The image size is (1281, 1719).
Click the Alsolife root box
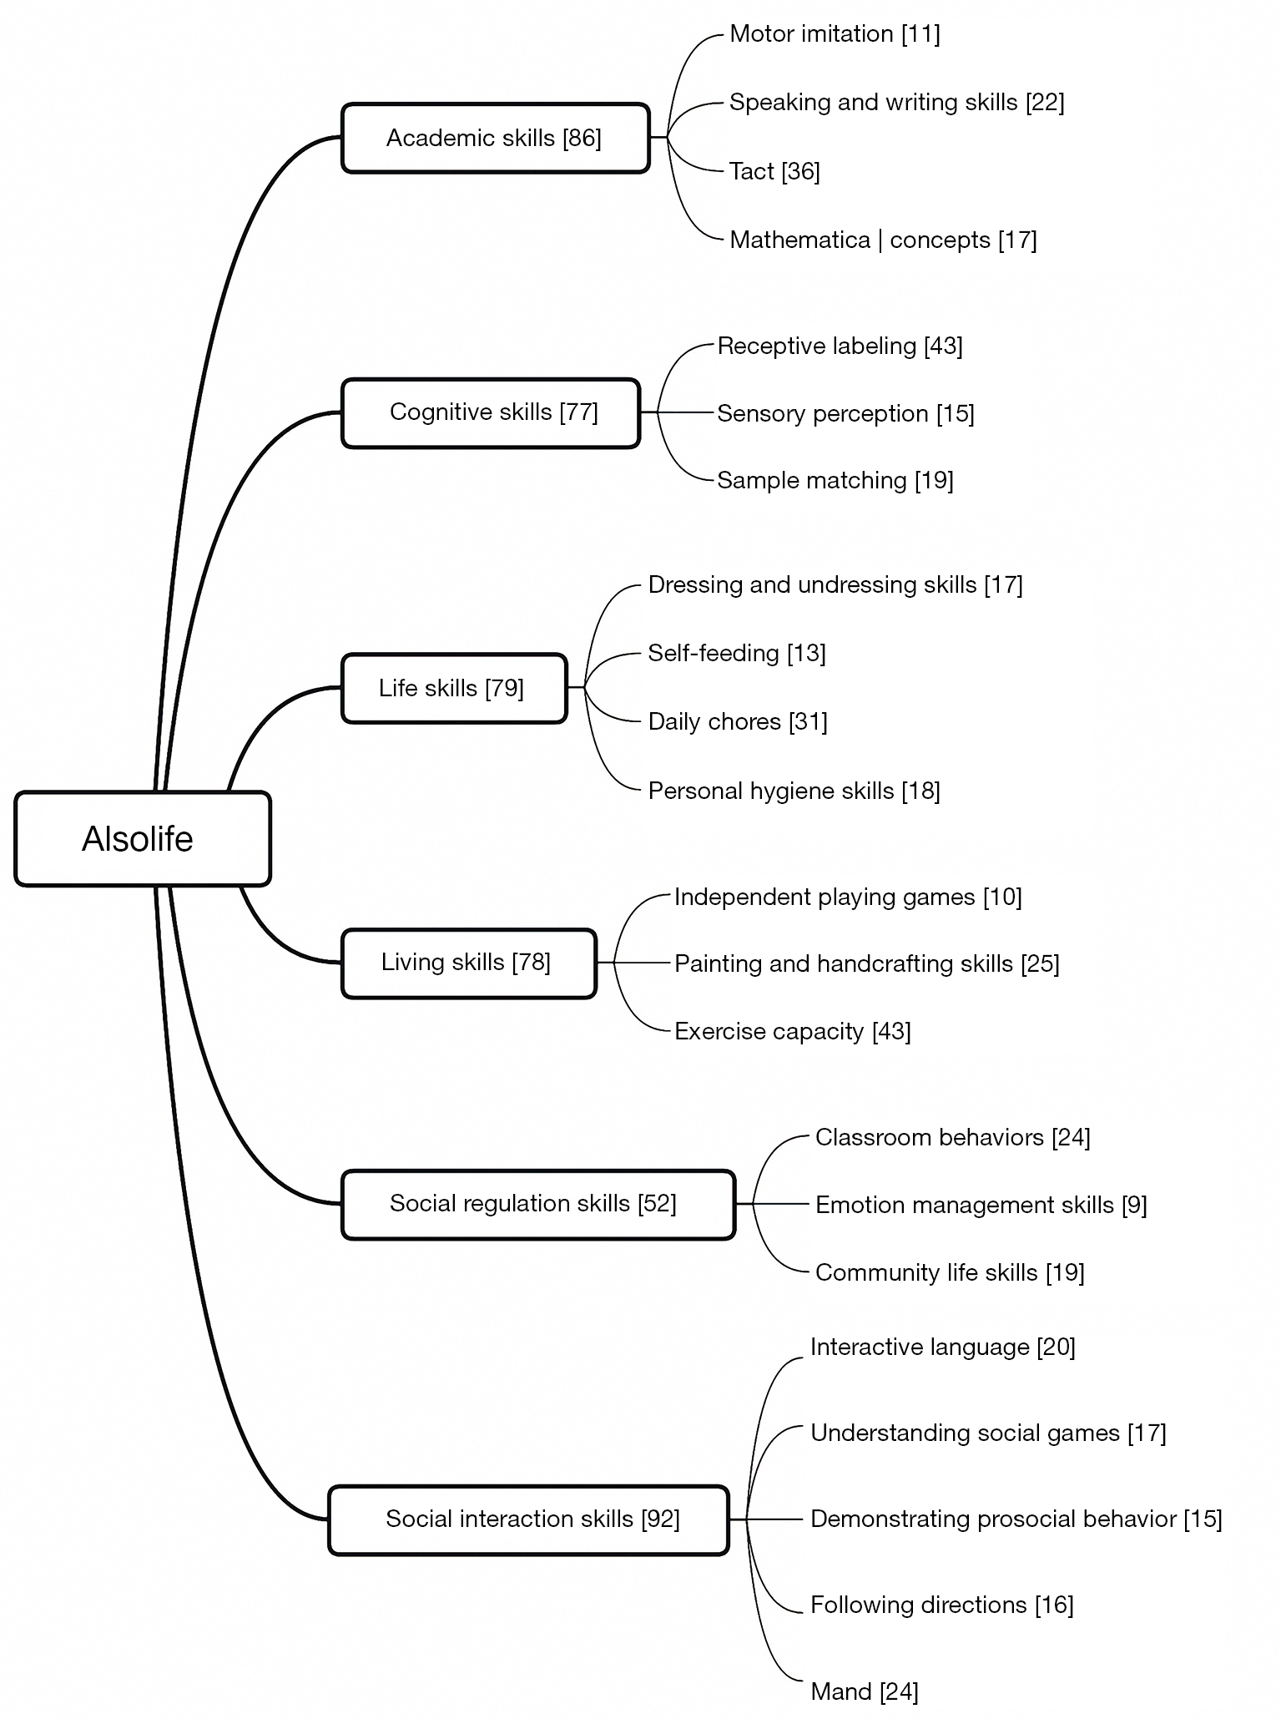pyautogui.click(x=143, y=838)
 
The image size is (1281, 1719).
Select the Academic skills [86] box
pyautogui.click(x=495, y=138)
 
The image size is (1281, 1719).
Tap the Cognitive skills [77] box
pyautogui.click(x=491, y=412)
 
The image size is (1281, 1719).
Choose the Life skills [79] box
pyautogui.click(x=454, y=688)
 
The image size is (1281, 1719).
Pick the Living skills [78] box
pyautogui.click(x=469, y=963)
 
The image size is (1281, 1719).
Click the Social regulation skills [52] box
pyautogui.click(x=538, y=1204)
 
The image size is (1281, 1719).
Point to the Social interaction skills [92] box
pyautogui.click(x=528, y=1519)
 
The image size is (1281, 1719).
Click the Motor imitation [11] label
pyautogui.click(x=835, y=34)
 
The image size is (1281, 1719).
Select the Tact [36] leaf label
pyautogui.click(x=774, y=171)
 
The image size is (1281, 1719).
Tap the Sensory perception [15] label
pyautogui.click(x=845, y=413)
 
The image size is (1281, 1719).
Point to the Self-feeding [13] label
pyautogui.click(x=737, y=653)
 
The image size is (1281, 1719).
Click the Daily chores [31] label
pyautogui.click(x=738, y=721)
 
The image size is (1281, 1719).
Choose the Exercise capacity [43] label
pyautogui.click(x=792, y=1031)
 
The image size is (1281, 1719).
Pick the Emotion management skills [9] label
pyautogui.click(x=981, y=1205)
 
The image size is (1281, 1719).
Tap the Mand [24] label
pyautogui.click(x=864, y=1691)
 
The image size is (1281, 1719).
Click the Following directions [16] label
pyautogui.click(x=941, y=1605)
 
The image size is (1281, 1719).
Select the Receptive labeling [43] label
pyautogui.click(x=840, y=346)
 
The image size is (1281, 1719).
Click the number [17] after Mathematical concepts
pyautogui.click(x=1017, y=240)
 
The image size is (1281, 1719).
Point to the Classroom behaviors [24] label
pyautogui.click(x=952, y=1137)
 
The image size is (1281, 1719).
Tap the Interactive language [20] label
pyautogui.click(x=942, y=1347)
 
